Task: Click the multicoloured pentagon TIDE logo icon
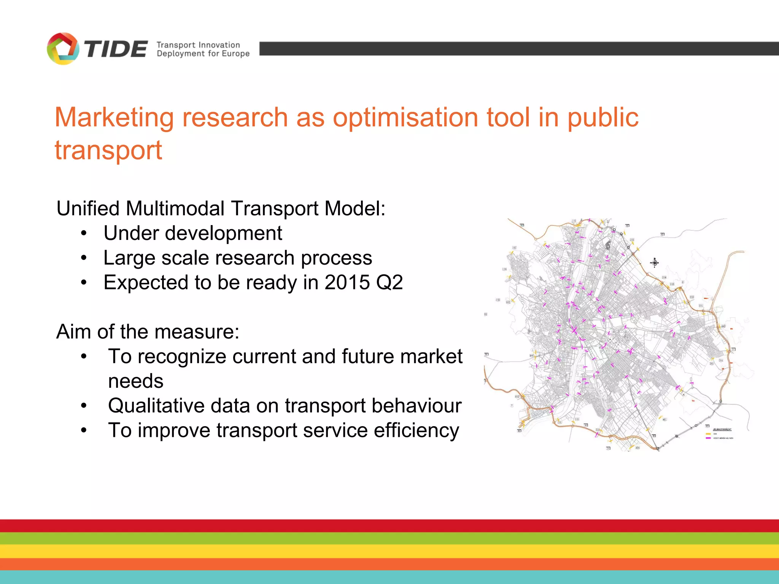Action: pos(63,49)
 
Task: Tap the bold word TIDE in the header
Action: pos(116,49)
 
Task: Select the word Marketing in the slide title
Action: pos(114,117)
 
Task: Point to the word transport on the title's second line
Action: pos(108,150)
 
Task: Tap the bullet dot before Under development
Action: pos(84,233)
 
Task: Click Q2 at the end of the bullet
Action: pos(389,282)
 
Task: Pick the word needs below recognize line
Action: pos(136,381)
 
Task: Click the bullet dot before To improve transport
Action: pos(84,430)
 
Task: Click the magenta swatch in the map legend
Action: pos(708,438)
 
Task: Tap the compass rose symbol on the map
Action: pos(654,262)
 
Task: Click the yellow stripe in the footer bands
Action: pos(389,551)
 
